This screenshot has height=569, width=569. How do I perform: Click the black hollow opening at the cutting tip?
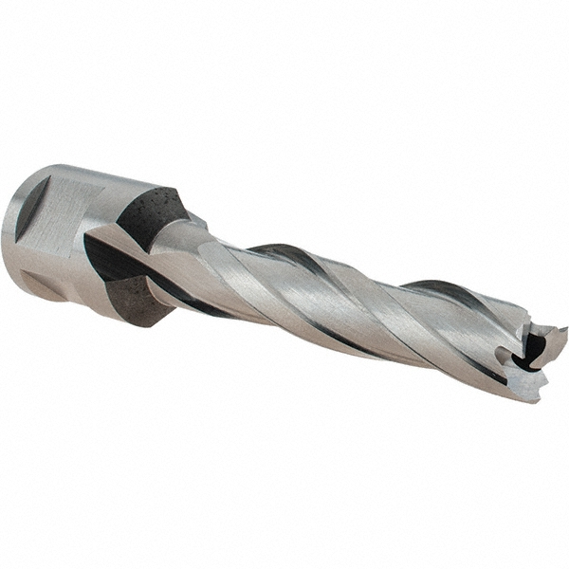pyautogui.click(x=534, y=350)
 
